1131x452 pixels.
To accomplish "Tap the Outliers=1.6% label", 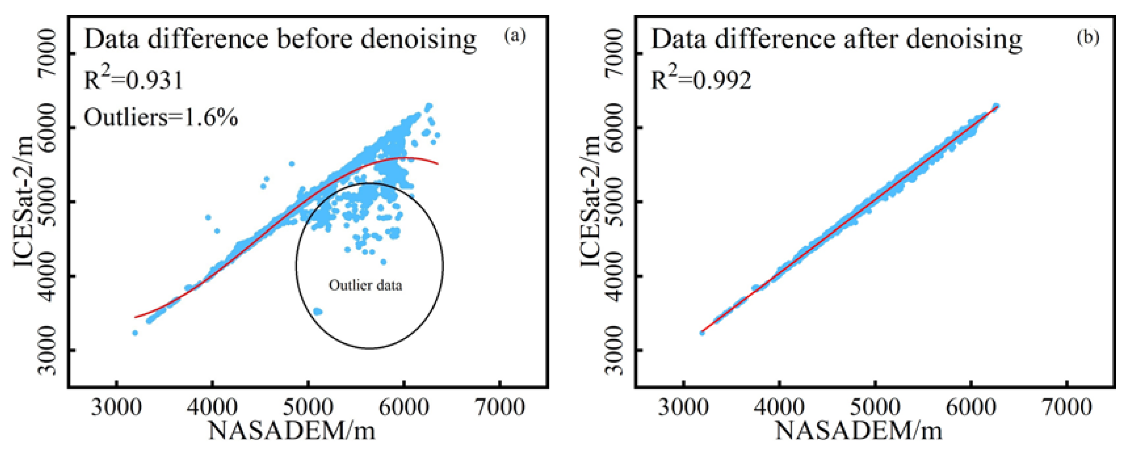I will [x=161, y=118].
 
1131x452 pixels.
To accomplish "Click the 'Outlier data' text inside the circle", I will [x=365, y=286].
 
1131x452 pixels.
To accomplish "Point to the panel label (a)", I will [x=515, y=36].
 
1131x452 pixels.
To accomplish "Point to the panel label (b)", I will [x=1088, y=37].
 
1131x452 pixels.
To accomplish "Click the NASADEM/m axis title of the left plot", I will [x=292, y=431].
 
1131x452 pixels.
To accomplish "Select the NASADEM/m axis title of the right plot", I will [x=858, y=431].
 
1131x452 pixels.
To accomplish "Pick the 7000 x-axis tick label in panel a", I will [x=499, y=407].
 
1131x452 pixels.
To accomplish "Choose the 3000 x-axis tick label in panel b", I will [x=683, y=407].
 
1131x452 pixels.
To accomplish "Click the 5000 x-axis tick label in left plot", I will [x=308, y=407].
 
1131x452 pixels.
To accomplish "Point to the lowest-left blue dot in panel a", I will [x=135, y=333].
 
